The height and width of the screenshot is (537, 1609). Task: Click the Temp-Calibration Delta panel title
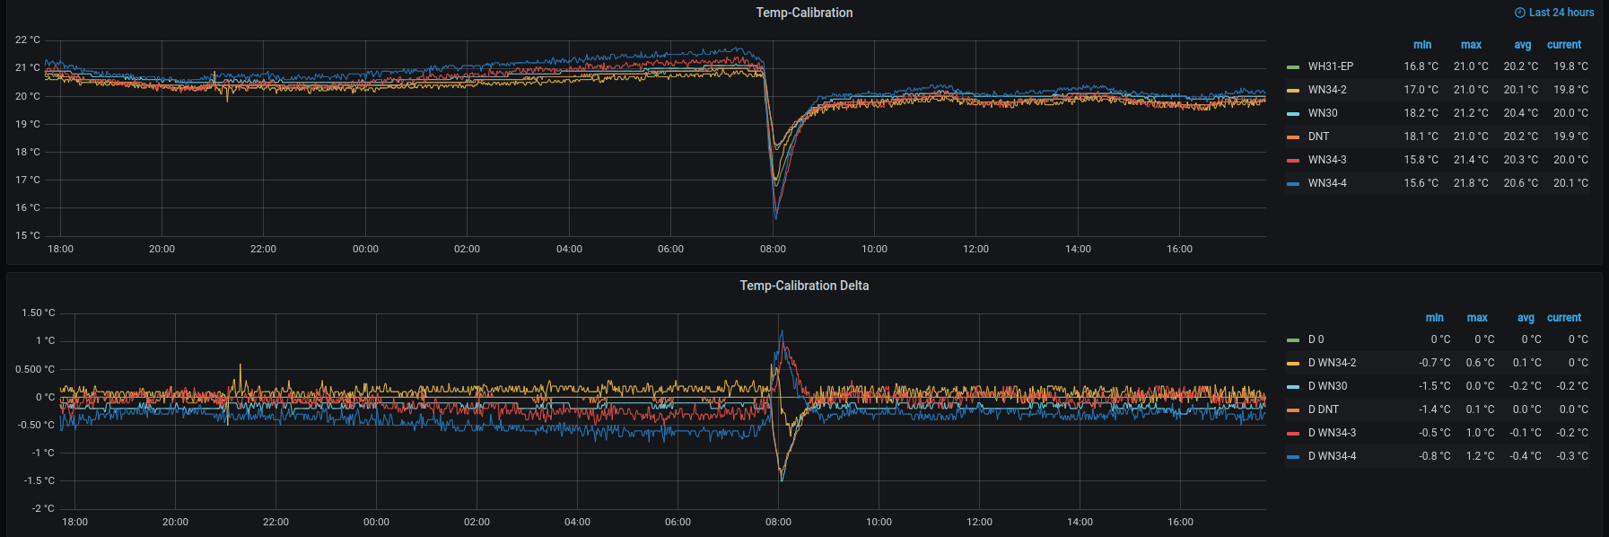pyautogui.click(x=804, y=286)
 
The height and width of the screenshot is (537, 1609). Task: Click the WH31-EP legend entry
pyautogui.click(x=1330, y=66)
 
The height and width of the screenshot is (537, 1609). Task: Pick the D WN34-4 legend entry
pyautogui.click(x=1332, y=456)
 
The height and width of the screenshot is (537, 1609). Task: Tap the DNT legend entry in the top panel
pyautogui.click(x=1318, y=136)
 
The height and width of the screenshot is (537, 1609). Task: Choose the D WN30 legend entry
pyautogui.click(x=1327, y=386)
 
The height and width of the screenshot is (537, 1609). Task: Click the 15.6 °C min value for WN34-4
pyautogui.click(x=1421, y=183)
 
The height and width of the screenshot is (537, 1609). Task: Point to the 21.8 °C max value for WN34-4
pyautogui.click(x=1471, y=183)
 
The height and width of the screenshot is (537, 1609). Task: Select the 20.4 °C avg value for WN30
pyautogui.click(x=1520, y=113)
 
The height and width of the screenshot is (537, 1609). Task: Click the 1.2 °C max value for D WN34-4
pyautogui.click(x=1481, y=456)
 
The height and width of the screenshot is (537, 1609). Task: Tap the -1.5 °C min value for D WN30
pyautogui.click(x=1434, y=386)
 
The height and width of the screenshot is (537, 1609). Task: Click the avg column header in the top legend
pyautogui.click(x=1522, y=45)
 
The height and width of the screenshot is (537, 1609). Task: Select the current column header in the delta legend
pyautogui.click(x=1564, y=318)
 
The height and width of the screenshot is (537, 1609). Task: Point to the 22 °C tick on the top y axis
pyautogui.click(x=28, y=40)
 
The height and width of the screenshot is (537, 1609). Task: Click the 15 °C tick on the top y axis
pyautogui.click(x=28, y=236)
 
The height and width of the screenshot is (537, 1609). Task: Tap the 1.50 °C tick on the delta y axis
pyautogui.click(x=38, y=313)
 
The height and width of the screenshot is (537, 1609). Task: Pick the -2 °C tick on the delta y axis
pyautogui.click(x=43, y=509)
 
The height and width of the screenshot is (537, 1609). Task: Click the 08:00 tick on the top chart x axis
pyautogui.click(x=773, y=250)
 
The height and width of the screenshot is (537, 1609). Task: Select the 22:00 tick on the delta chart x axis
pyautogui.click(x=275, y=523)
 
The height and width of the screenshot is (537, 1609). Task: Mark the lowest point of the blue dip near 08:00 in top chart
pyautogui.click(x=775, y=218)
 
